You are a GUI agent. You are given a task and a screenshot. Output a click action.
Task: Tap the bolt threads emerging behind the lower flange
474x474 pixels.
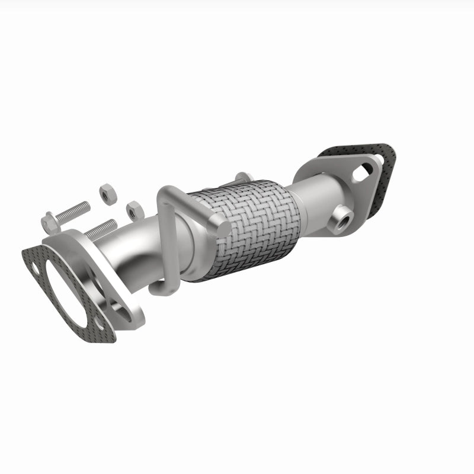click(x=102, y=227)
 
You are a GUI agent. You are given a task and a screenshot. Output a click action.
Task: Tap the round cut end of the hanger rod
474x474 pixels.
click(x=223, y=226)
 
